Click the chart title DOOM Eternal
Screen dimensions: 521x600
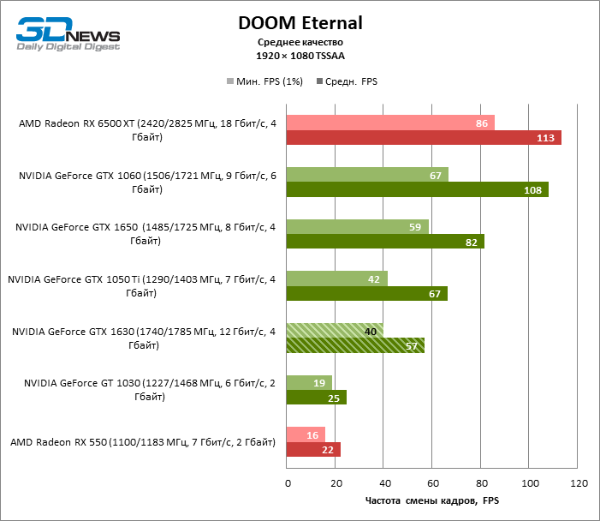[x=300, y=23]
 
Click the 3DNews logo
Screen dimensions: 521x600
[x=68, y=33]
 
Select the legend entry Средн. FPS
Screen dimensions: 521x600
[x=347, y=81]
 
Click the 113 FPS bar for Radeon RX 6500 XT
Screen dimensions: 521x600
[x=424, y=138]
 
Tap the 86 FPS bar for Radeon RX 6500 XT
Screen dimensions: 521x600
[x=390, y=123]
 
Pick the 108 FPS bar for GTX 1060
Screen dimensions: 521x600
[x=417, y=189]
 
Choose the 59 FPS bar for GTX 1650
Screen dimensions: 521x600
[x=358, y=226]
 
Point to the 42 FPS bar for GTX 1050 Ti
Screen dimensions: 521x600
[x=337, y=278]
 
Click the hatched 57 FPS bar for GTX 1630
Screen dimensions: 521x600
[x=355, y=345]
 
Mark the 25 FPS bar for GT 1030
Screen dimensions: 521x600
[x=317, y=398]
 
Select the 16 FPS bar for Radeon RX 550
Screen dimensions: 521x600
[x=306, y=434]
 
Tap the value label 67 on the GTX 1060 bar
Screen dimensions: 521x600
[x=435, y=175]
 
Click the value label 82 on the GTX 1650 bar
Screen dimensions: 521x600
[x=471, y=242]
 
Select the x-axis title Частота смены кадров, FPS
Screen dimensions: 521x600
[x=432, y=501]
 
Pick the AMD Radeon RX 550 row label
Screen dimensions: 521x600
[x=143, y=442]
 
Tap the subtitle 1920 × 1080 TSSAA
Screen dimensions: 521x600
[x=300, y=55]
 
